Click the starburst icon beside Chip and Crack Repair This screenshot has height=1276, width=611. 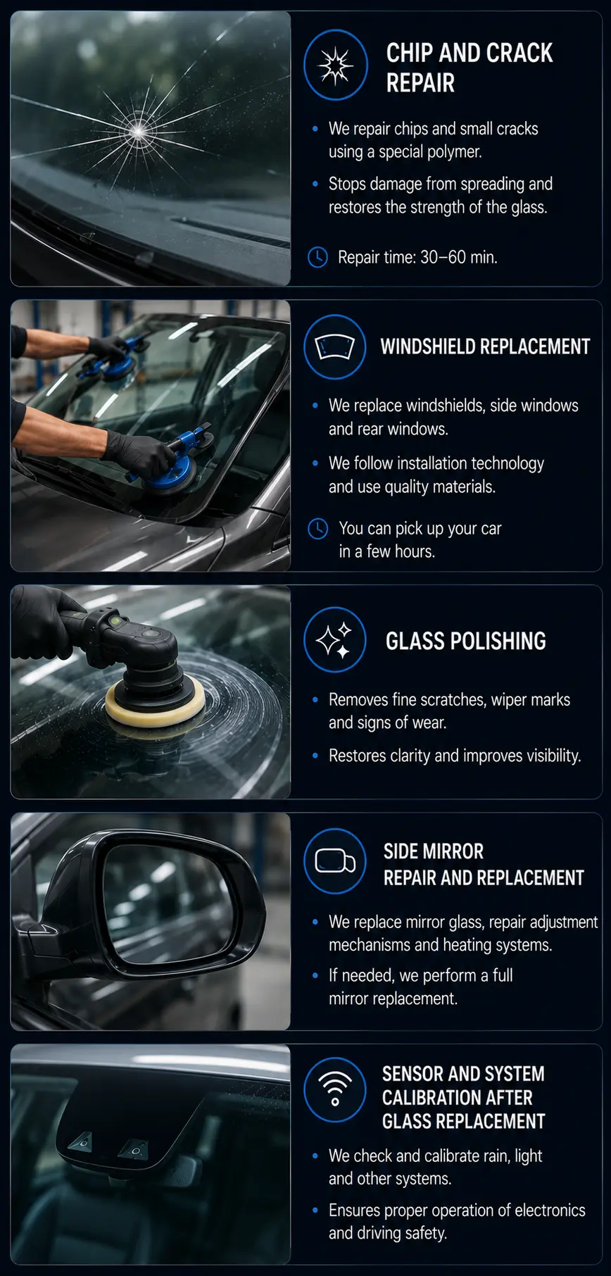pyautogui.click(x=335, y=65)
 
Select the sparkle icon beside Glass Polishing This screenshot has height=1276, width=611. pyautogui.click(x=335, y=640)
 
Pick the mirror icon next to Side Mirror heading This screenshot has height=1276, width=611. pyautogui.click(x=335, y=861)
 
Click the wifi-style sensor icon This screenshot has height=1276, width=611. pyautogui.click(x=335, y=1089)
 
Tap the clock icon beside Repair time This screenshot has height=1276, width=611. pyautogui.click(x=317, y=257)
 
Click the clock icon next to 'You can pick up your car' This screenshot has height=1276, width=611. pyautogui.click(x=317, y=528)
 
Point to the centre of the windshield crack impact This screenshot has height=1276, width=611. pyautogui.click(x=138, y=130)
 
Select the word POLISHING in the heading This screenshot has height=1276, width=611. pyautogui.click(x=497, y=641)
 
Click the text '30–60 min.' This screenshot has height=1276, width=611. pyautogui.click(x=459, y=257)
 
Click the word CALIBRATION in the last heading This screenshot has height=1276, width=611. pyautogui.click(x=458, y=1098)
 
